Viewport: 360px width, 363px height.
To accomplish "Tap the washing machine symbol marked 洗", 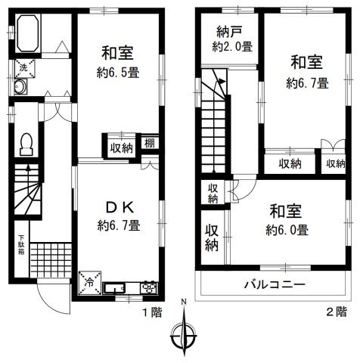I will [x=23, y=67].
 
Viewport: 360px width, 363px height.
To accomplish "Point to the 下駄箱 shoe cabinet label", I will [x=21, y=249].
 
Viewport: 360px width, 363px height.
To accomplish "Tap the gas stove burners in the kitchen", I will [x=148, y=287].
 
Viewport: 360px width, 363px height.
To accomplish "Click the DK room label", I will [x=119, y=205].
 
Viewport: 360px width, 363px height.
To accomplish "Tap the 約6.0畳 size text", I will [x=287, y=229].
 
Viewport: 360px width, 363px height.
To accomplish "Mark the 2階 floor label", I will [x=336, y=311].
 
